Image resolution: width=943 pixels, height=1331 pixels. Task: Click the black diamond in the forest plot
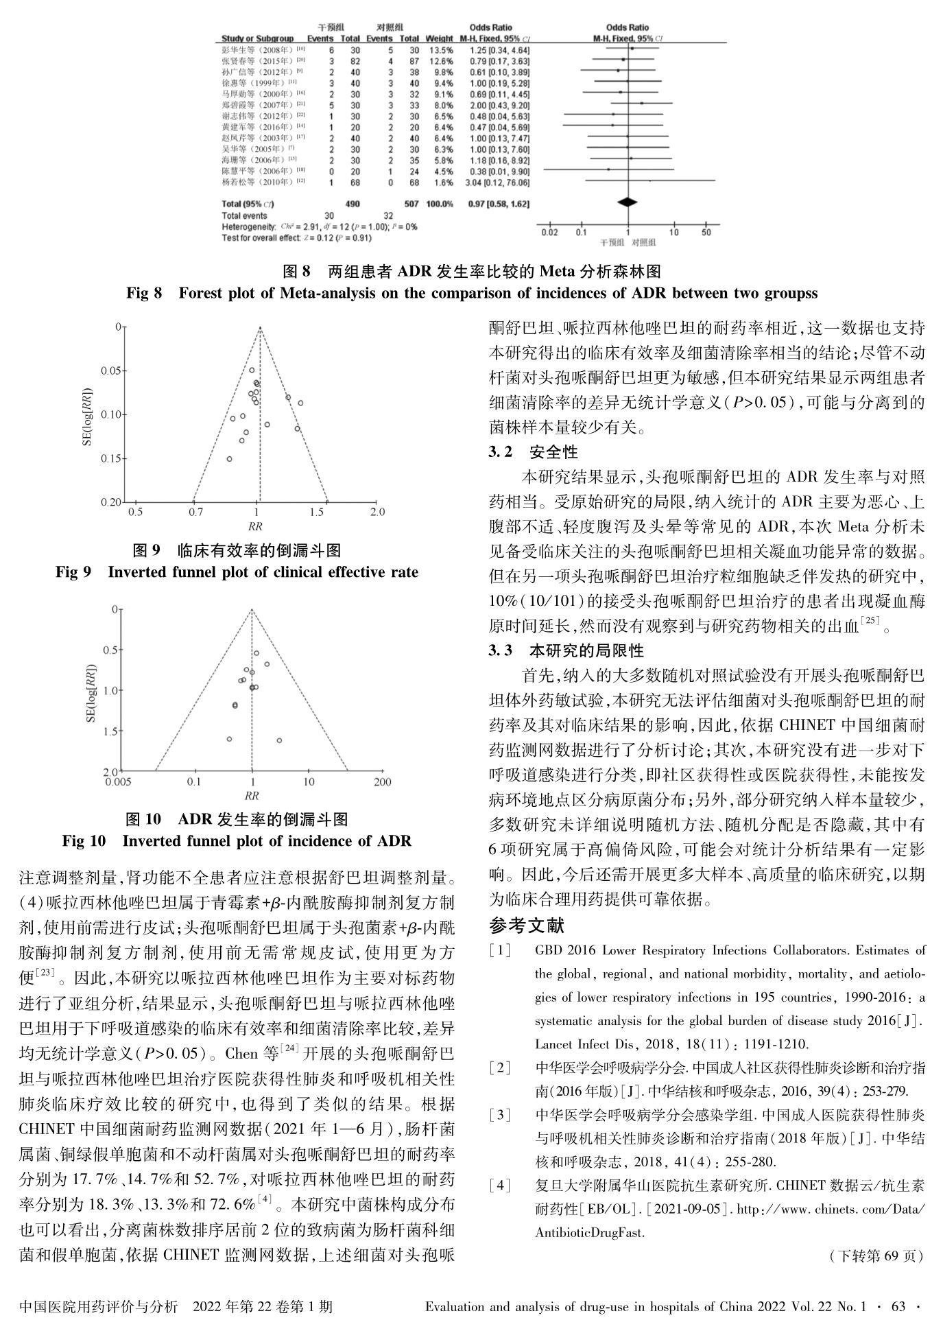[x=628, y=202]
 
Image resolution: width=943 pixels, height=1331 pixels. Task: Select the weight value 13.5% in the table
[x=440, y=50]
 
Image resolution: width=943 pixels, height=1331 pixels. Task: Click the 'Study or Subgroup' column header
[x=258, y=38]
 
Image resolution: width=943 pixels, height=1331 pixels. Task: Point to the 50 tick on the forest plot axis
[x=706, y=233]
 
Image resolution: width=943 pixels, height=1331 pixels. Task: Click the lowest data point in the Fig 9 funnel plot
[x=229, y=458]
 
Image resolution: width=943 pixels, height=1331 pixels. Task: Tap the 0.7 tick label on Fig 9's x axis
[x=195, y=512]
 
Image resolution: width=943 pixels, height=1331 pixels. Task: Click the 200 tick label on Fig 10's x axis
[x=383, y=781]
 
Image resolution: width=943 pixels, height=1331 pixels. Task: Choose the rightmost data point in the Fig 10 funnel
[x=279, y=740]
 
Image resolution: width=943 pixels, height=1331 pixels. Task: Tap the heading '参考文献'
[x=527, y=926]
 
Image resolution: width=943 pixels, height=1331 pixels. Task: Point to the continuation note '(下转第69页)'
[x=873, y=1256]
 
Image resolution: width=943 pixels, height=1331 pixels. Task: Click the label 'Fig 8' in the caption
[x=145, y=294]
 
